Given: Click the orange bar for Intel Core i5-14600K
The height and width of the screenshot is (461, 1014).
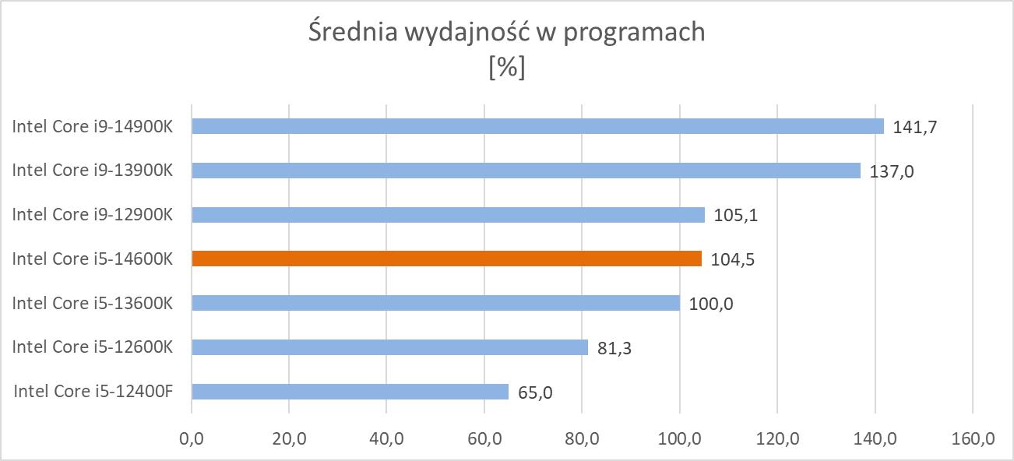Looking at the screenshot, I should pos(446,259).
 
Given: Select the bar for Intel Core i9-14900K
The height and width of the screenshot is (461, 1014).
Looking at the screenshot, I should pos(537,126).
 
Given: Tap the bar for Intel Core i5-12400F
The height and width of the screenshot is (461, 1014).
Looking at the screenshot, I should pos(350,391).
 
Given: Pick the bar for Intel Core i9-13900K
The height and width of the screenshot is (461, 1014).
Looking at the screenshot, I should pos(526,171).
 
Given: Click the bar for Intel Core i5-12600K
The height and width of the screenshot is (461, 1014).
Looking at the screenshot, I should pos(389,347).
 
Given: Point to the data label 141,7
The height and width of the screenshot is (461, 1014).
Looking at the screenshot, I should pos(914,127).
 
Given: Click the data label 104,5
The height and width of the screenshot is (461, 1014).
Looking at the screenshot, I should pos(732,259).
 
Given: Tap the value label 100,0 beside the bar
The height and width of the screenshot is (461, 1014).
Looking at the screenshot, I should pos(711,304).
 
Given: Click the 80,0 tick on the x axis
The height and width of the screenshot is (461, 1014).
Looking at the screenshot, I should pos(582,441).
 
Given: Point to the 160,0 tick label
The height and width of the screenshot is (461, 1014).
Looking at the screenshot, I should pos(973,441).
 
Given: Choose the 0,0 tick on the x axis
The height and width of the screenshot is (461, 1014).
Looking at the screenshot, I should pos(192,441).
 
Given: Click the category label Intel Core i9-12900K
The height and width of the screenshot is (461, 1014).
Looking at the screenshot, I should pos(92,215).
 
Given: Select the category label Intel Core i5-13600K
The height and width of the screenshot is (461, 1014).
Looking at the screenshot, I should pos(92,303).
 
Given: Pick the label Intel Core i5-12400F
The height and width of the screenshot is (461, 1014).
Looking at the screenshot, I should pos(93,391).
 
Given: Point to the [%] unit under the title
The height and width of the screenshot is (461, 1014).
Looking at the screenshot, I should pos(506,68).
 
